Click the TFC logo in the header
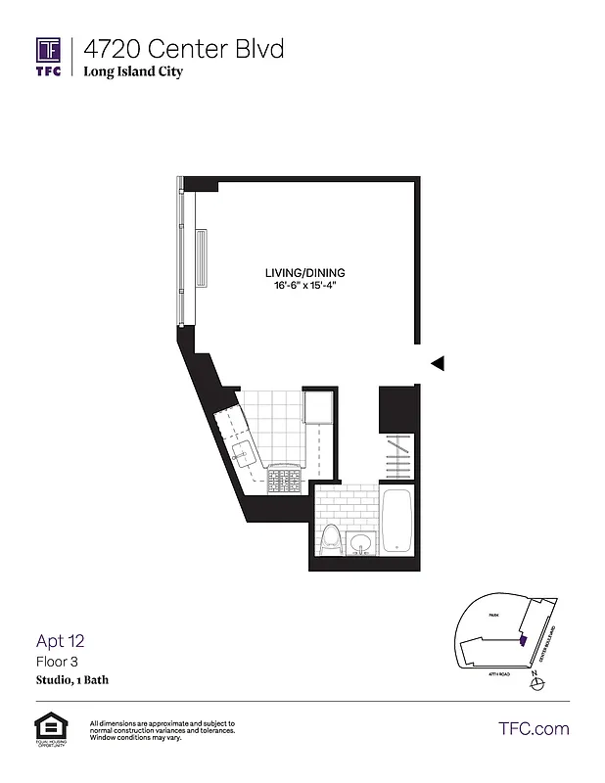tap(49, 56)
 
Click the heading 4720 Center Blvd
tap(183, 48)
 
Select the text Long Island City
tap(132, 72)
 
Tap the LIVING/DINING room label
tap(305, 272)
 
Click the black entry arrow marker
tap(438, 363)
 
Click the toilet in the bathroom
tap(331, 539)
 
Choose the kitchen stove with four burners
tap(284, 481)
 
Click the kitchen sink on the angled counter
tap(242, 453)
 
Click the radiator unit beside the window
tap(202, 258)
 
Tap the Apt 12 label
tap(61, 641)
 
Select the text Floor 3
tap(56, 662)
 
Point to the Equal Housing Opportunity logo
tap(47, 729)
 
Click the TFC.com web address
tap(534, 728)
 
